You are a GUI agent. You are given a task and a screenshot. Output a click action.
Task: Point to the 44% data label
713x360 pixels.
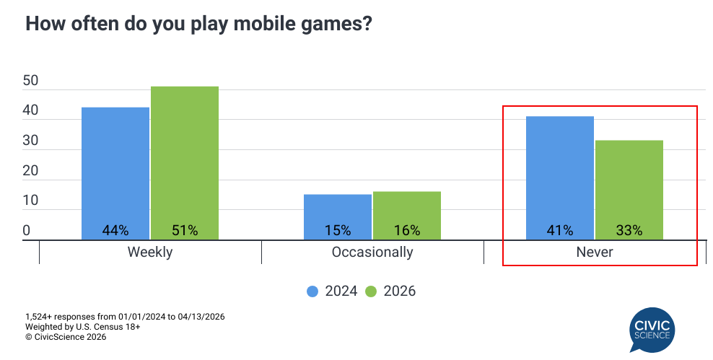click(115, 231)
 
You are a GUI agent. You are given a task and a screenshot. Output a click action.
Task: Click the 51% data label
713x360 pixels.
click(185, 231)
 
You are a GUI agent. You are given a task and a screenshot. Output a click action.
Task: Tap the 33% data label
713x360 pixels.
click(629, 231)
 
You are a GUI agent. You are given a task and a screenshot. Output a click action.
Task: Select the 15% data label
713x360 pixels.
click(338, 231)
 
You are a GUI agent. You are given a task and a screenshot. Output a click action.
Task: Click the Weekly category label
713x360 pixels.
click(150, 253)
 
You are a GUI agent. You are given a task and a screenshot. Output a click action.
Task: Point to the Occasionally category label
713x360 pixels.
click(372, 253)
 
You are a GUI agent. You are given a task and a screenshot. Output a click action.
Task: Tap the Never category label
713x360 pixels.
click(595, 253)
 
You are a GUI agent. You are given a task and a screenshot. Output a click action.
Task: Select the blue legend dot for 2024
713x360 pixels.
click(312, 291)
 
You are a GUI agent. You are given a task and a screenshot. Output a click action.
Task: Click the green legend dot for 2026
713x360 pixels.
click(371, 291)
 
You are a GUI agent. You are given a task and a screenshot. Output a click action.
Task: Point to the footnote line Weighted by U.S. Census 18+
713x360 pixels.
click(82, 327)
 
